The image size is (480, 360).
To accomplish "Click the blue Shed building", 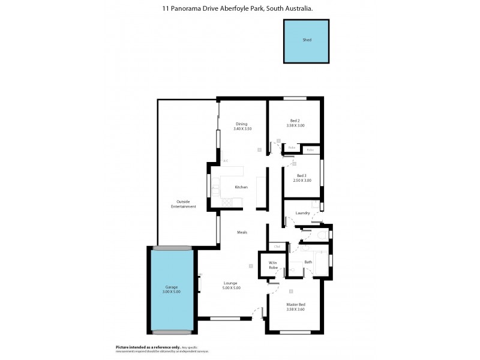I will (x=306, y=41).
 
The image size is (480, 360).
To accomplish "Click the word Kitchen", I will (x=241, y=187).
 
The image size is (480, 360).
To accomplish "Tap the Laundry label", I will (x=302, y=212).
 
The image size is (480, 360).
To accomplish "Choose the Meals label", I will (x=242, y=232).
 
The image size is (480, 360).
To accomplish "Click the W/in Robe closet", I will (x=273, y=265).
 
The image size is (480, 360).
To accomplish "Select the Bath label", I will (x=308, y=262).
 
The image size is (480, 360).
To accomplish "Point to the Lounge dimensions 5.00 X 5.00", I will (x=231, y=288).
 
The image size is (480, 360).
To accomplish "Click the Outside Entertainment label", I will (x=183, y=203).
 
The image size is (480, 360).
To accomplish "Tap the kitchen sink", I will (x=215, y=187).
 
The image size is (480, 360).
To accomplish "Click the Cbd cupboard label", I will (x=277, y=247).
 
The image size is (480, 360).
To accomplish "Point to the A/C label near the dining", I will (x=225, y=161).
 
